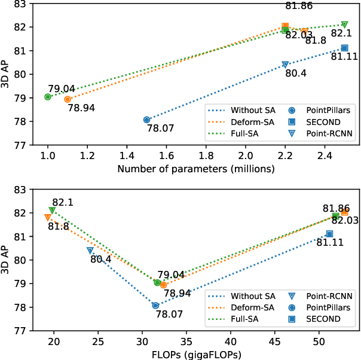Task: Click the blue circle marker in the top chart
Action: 147,120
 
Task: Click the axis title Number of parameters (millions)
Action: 196,169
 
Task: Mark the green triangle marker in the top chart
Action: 344,25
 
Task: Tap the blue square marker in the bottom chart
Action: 329,234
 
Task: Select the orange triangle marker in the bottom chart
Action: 48,218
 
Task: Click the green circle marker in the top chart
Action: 48,97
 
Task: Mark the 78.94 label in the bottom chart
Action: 178,293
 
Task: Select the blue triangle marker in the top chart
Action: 285,65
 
